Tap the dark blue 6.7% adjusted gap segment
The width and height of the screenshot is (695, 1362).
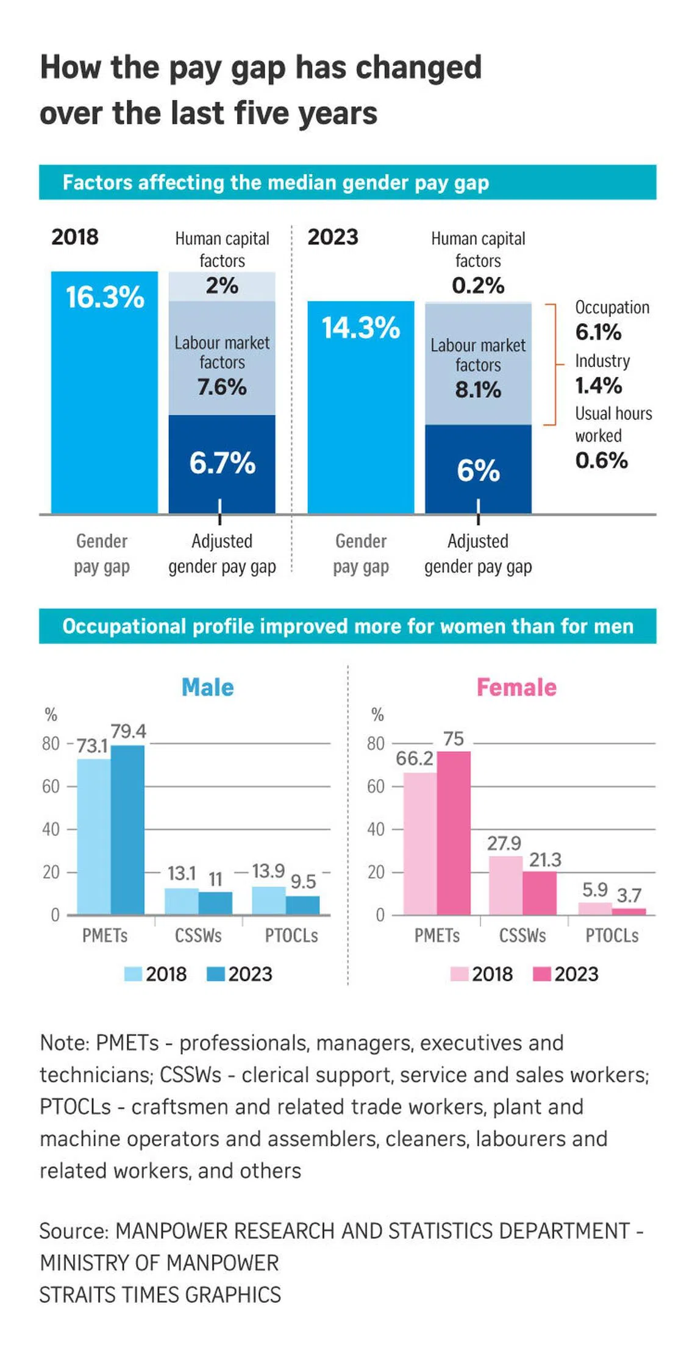click(222, 463)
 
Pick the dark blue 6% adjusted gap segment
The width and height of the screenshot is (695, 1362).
click(478, 469)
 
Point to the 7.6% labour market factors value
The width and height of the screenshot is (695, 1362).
click(222, 387)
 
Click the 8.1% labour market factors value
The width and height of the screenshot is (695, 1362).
click(478, 390)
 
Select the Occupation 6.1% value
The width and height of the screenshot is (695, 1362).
click(598, 332)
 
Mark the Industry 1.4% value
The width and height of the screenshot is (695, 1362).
click(598, 385)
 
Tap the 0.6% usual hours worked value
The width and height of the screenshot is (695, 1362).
click(601, 460)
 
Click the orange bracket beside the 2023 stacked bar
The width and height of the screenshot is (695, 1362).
click(554, 364)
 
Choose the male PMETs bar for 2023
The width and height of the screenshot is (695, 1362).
click(127, 829)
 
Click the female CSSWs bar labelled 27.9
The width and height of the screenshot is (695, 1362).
click(505, 885)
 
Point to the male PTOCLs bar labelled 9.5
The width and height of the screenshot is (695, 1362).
click(302, 905)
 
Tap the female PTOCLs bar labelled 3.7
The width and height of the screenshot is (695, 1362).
click(629, 911)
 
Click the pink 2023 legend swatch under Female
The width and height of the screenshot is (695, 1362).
click(541, 974)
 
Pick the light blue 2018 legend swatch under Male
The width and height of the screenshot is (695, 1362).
click(133, 974)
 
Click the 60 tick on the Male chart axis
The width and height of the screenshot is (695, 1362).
click(51, 786)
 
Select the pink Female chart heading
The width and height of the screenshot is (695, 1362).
click(516, 687)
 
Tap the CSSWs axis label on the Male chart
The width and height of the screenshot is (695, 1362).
click(198, 935)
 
